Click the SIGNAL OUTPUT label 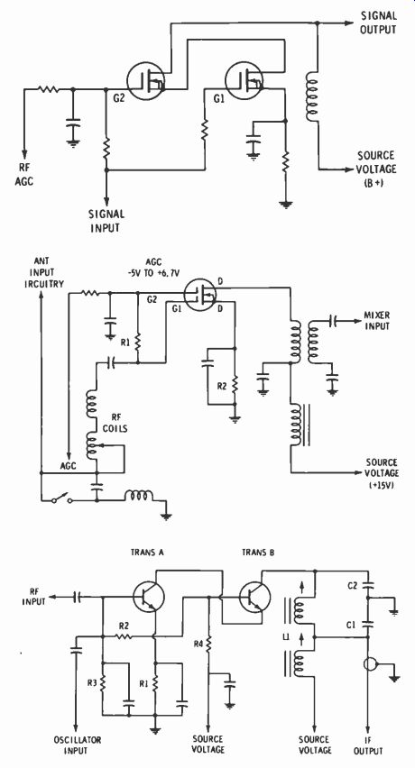pos(378,23)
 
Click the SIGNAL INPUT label pos(106,221)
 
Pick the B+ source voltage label pos(375,168)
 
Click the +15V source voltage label pos(382,473)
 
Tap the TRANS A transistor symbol pos(149,596)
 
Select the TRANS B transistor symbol pos(255,596)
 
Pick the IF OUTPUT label pos(368,745)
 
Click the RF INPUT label pos(33,597)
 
